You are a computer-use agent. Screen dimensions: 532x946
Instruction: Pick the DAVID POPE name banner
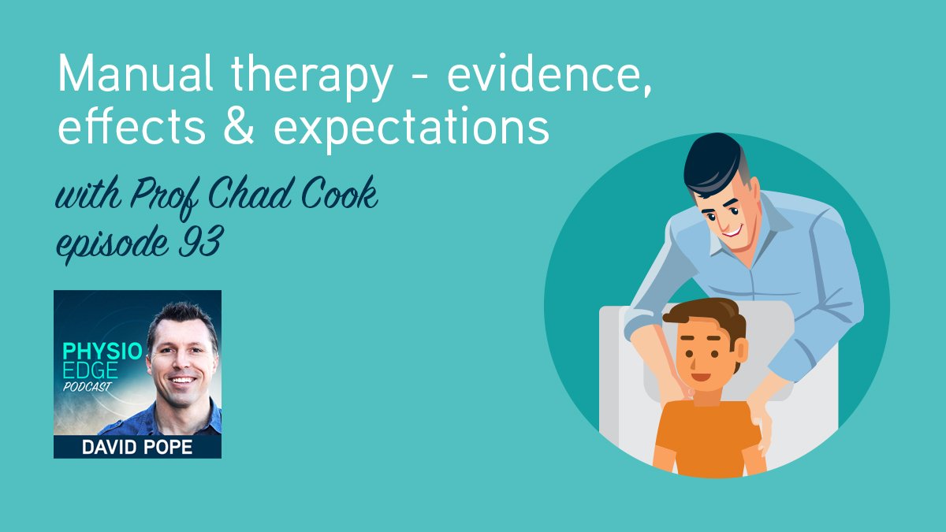coord(137,448)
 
